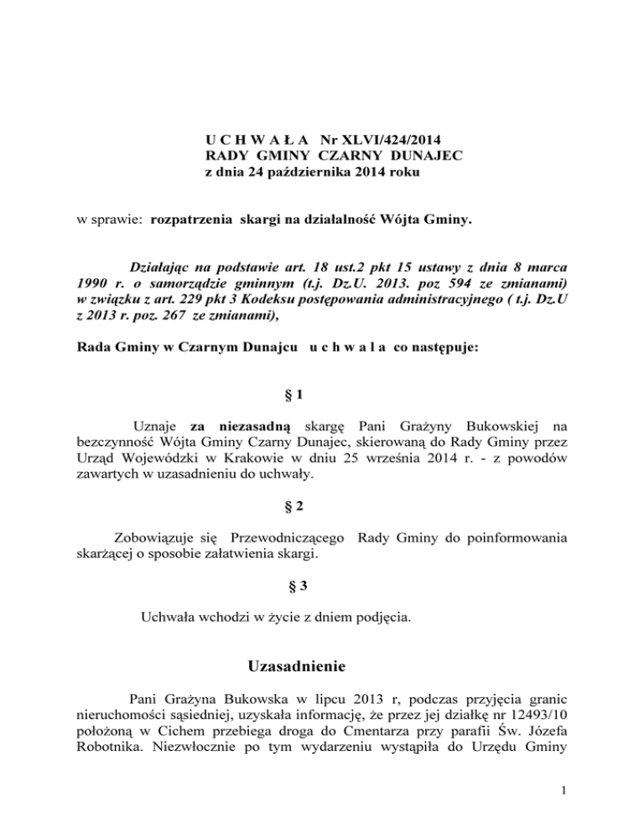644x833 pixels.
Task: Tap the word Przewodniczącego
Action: (x=279, y=536)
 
